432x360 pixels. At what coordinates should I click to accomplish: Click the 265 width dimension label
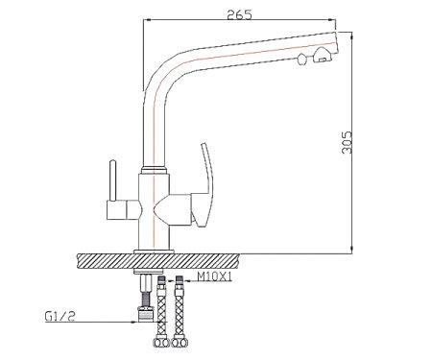coord(239,14)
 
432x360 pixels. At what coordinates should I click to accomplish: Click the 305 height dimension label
coord(347,142)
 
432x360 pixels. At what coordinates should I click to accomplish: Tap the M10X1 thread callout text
coord(214,276)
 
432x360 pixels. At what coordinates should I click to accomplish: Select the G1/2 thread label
coord(60,316)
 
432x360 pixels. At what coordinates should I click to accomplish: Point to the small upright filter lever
coord(112,180)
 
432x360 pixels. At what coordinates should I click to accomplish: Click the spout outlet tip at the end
coord(336,41)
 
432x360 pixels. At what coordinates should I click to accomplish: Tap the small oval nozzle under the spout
coord(300,60)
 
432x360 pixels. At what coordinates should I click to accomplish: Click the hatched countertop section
coord(157,261)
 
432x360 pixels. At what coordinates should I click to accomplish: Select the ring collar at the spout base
coord(154,170)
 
